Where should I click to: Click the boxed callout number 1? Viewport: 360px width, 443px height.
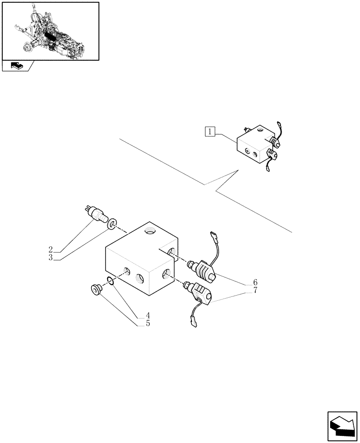210,131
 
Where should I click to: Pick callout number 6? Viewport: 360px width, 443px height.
255,282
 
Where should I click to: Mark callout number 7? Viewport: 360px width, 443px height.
255,290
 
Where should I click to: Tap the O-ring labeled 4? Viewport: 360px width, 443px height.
111,280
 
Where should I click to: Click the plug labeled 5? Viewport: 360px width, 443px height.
95,290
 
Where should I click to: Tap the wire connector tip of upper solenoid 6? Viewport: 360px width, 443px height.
212,235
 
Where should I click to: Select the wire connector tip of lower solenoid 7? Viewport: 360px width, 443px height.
193,323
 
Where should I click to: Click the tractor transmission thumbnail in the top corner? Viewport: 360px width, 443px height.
50,31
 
